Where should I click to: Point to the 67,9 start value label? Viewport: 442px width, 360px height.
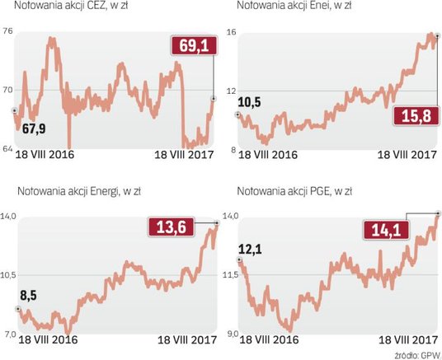35,129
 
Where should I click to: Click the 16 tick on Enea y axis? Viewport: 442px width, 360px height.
232,31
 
